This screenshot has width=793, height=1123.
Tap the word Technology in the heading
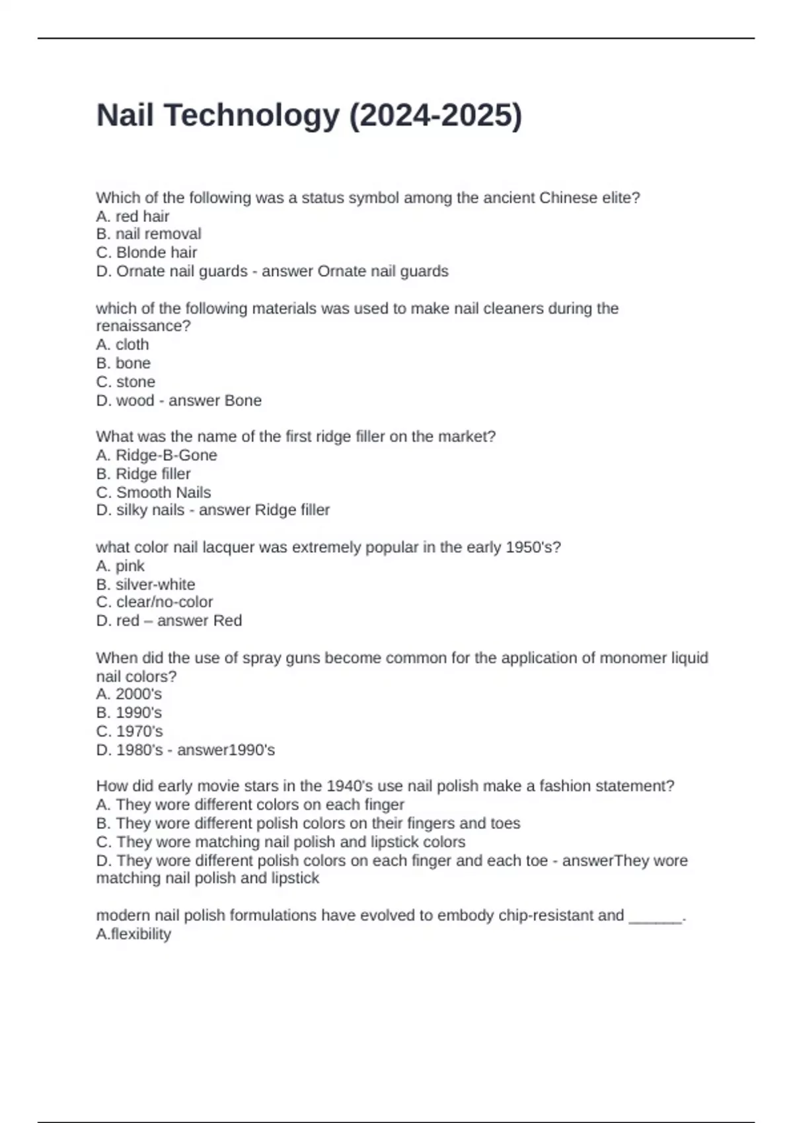(x=251, y=116)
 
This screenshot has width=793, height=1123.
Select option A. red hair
(x=133, y=216)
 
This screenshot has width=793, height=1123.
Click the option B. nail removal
(x=149, y=234)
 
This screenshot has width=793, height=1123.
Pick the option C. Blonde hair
(x=147, y=252)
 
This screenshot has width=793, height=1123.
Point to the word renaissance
(x=141, y=326)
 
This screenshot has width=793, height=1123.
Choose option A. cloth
(x=122, y=345)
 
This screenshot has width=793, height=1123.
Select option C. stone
(x=126, y=382)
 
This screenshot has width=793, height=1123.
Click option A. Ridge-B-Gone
(x=157, y=455)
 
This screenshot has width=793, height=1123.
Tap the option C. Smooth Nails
(x=153, y=492)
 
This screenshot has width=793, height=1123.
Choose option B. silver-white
(x=145, y=585)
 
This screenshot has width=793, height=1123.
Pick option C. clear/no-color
(x=155, y=602)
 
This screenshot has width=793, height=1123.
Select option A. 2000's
(x=129, y=694)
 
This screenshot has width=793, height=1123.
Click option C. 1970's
(x=130, y=731)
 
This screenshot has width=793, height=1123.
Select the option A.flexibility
(x=133, y=934)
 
